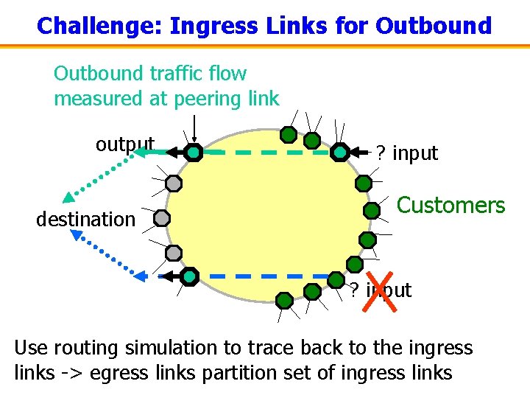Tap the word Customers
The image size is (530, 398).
coord(451,205)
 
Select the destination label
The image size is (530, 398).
coord(85,219)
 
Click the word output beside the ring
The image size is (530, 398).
coord(124,144)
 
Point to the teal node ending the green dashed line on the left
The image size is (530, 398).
coord(193,153)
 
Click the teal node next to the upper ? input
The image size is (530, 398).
coord(339,153)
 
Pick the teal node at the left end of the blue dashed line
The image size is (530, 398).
coord(189,276)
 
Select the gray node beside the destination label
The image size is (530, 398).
coord(163,218)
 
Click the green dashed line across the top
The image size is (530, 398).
coord(265,153)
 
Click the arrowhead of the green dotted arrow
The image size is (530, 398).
coord(68,197)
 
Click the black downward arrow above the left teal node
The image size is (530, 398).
coord(194,130)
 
